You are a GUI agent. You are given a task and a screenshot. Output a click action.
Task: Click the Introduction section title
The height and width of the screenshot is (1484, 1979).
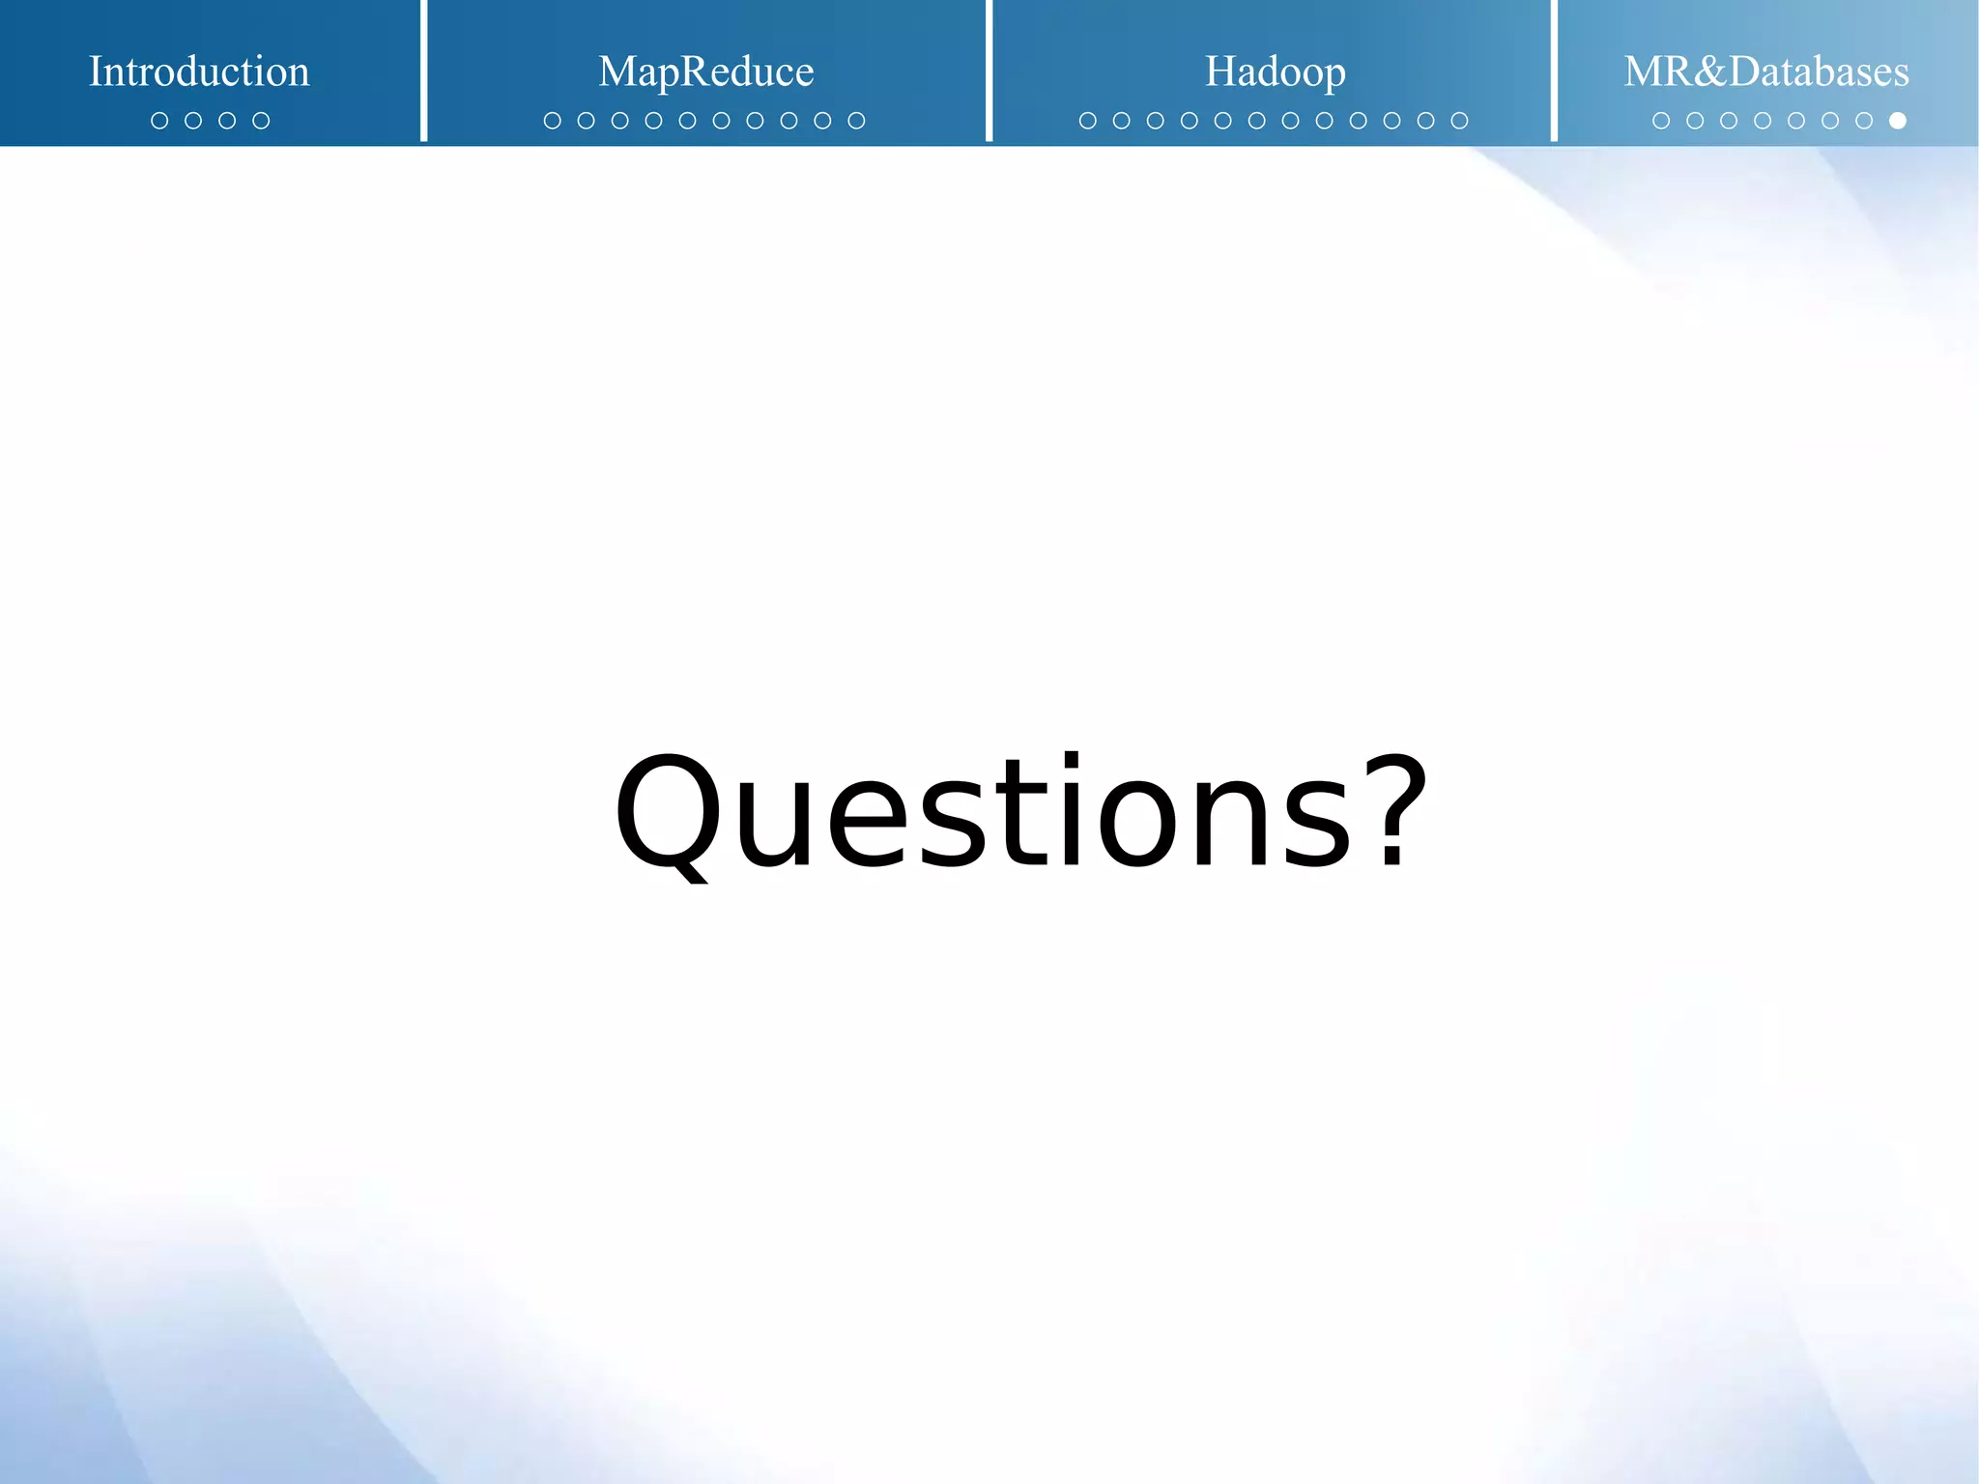point(199,72)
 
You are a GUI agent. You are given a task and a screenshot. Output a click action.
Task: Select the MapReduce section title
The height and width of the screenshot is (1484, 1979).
point(705,72)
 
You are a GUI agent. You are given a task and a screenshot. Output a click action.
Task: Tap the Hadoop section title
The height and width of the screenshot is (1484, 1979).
point(1275,72)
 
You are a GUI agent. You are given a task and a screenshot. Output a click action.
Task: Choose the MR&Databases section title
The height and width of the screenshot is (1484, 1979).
point(1765,72)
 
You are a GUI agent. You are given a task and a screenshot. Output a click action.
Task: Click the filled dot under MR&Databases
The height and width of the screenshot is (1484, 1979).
point(1898,121)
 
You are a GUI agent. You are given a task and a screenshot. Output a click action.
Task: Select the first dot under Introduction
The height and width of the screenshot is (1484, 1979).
point(159,121)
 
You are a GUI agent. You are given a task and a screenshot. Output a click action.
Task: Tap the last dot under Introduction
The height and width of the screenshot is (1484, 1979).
point(261,121)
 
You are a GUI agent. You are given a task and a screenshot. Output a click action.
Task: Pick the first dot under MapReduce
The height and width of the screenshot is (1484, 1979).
point(553,121)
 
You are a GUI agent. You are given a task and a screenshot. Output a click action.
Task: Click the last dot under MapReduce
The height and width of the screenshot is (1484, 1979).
point(856,121)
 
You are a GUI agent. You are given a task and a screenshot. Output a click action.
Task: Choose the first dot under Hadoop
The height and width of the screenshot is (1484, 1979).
point(1087,121)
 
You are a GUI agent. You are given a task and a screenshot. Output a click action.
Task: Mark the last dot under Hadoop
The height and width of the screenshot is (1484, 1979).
point(1459,121)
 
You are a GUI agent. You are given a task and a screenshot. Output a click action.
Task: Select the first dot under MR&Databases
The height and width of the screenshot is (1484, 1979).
point(1661,121)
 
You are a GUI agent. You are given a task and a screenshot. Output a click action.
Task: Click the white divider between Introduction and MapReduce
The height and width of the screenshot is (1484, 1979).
point(423,71)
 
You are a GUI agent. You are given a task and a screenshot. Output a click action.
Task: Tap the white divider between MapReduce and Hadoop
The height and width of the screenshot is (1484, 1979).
point(989,71)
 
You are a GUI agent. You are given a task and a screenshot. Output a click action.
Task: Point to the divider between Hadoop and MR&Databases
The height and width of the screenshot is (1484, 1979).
point(1554,71)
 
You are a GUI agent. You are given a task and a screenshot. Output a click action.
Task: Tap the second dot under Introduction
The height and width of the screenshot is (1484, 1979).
point(193,121)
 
